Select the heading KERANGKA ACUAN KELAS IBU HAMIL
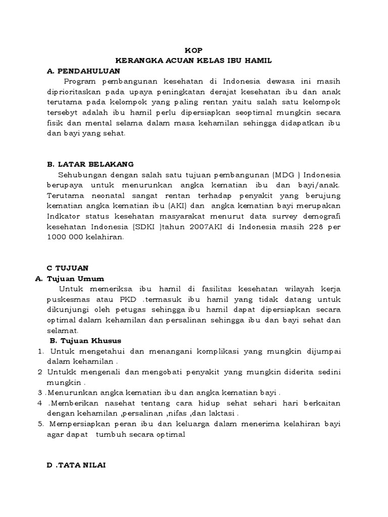coord(193,61)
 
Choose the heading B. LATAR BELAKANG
coord(89,164)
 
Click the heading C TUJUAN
coord(67,268)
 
